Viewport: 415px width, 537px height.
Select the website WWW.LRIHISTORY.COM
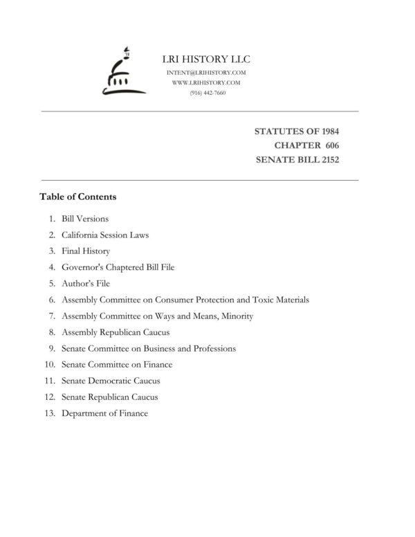207,82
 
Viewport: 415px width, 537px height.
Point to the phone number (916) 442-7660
207,92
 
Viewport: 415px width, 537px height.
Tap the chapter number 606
331,145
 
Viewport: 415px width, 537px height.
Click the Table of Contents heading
77,197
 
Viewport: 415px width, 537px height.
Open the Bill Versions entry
85,219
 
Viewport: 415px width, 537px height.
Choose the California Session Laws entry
105,235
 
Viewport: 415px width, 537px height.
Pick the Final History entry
86,251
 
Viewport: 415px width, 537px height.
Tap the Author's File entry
86,284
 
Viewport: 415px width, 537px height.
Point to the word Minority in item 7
237,316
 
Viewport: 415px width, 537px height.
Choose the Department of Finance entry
104,413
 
